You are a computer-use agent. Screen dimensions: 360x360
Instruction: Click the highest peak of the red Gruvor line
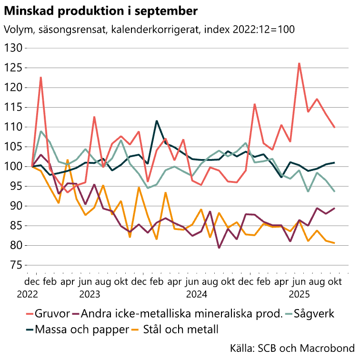[299, 63]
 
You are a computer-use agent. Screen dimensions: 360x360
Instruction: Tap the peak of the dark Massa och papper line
[157, 121]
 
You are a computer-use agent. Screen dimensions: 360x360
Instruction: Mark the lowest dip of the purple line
[219, 248]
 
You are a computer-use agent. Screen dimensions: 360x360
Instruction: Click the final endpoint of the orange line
[334, 243]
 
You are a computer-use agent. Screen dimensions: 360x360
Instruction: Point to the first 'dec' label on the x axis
[32, 281]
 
